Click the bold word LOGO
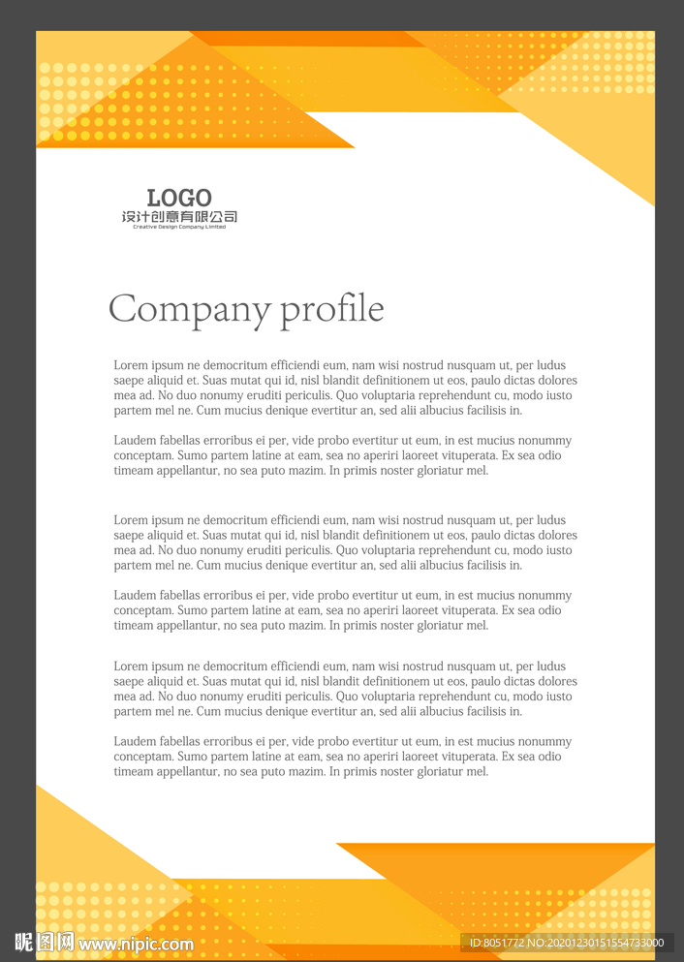click(x=179, y=199)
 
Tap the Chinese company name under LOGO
click(x=179, y=217)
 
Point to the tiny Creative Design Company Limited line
click(x=179, y=227)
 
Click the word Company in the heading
click(x=189, y=310)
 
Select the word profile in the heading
click(x=332, y=310)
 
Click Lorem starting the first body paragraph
click(x=131, y=365)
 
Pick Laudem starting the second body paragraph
click(x=135, y=441)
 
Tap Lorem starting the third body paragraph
click(x=131, y=520)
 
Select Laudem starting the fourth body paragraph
click(x=135, y=596)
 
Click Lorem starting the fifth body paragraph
click(x=131, y=667)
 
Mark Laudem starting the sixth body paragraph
click(x=135, y=742)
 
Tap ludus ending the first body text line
click(x=551, y=365)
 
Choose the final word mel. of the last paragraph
click(x=477, y=772)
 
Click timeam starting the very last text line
click(x=134, y=772)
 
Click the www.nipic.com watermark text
click(x=137, y=944)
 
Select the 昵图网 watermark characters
click(x=45, y=942)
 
